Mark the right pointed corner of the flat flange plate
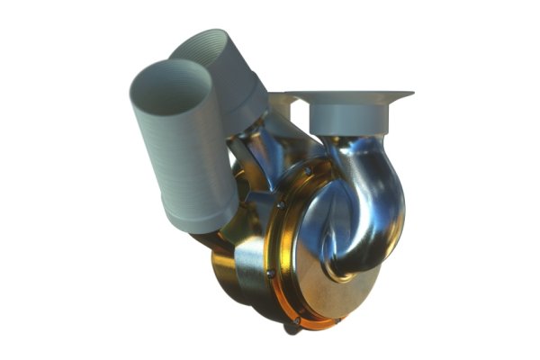(x=411, y=94)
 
